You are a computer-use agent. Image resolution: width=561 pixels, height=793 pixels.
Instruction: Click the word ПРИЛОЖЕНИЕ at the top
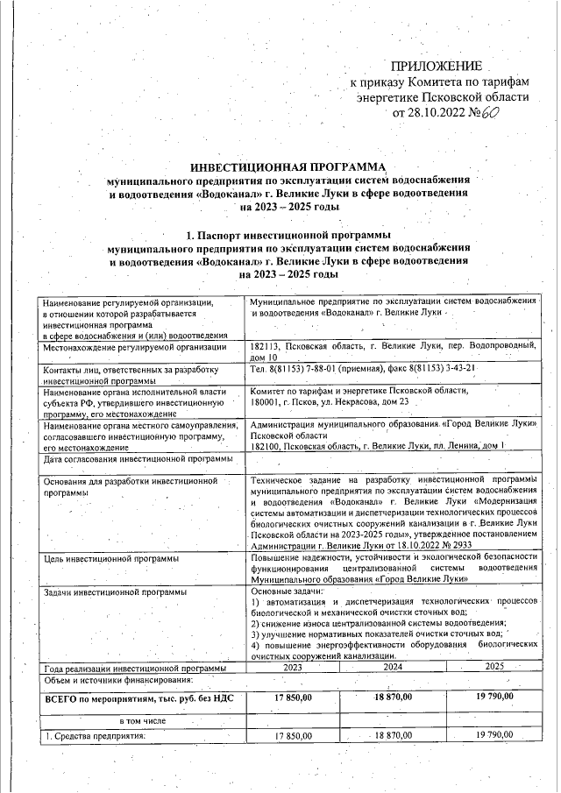point(436,67)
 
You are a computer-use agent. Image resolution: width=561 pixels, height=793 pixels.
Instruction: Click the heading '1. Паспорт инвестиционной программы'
point(288,236)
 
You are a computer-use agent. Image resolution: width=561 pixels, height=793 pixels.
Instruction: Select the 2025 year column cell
point(494,667)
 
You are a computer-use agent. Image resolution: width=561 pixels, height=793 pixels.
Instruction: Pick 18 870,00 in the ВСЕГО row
point(392,697)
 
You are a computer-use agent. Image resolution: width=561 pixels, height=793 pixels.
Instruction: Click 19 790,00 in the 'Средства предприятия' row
point(494,735)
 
